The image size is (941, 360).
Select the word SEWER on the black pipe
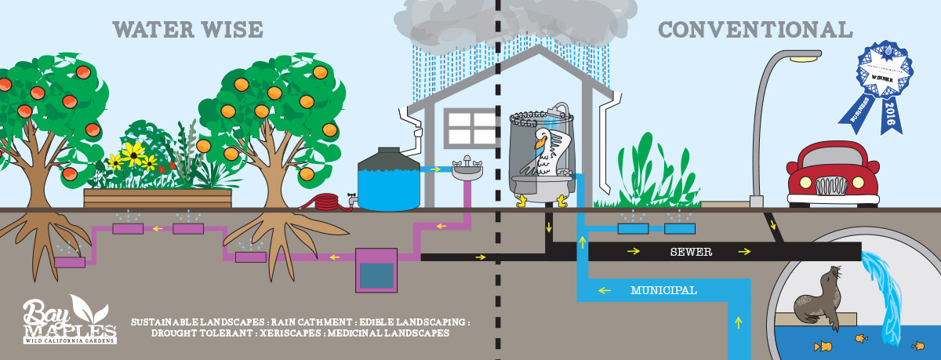689,253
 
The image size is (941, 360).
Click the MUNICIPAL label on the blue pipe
663,290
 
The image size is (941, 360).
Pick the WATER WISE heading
187,31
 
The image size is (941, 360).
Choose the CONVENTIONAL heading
754,31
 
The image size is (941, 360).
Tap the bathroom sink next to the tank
467,168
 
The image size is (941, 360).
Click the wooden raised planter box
158,198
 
